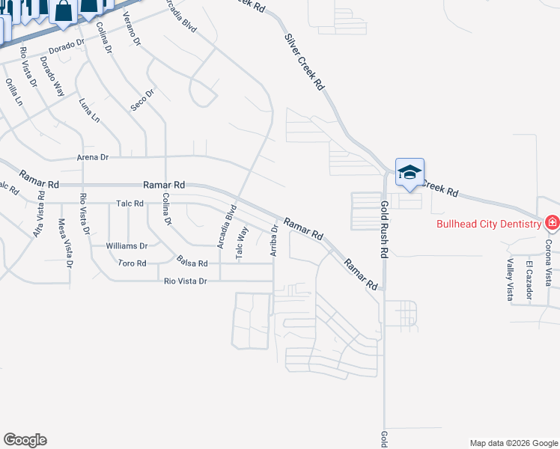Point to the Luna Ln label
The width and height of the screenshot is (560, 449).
[89, 110]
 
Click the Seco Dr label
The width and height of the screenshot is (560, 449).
[141, 100]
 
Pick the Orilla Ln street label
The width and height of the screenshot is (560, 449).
[16, 94]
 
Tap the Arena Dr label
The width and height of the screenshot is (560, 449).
[93, 158]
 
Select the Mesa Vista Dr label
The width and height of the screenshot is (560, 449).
[65, 243]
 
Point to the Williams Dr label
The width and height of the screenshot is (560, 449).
[127, 245]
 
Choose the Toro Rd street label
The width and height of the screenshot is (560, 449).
[132, 263]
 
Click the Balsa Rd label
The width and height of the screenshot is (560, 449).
[192, 261]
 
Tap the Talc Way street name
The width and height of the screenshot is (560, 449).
[240, 243]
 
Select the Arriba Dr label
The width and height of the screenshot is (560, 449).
[274, 239]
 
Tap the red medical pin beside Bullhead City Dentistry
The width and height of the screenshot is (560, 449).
[552, 222]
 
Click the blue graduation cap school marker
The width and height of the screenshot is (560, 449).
[410, 172]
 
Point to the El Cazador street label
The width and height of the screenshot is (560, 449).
[529, 281]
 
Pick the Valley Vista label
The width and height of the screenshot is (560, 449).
[509, 278]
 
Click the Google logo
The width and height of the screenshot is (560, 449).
[25, 440]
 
